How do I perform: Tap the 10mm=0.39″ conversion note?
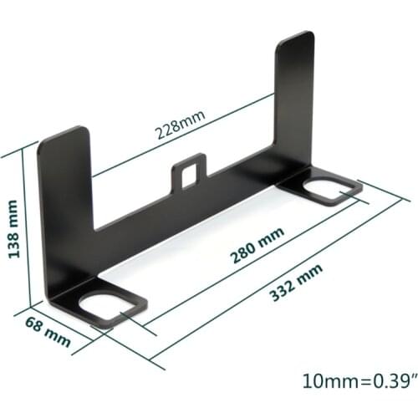click(360, 381)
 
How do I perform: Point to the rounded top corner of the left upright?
click(79, 130)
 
